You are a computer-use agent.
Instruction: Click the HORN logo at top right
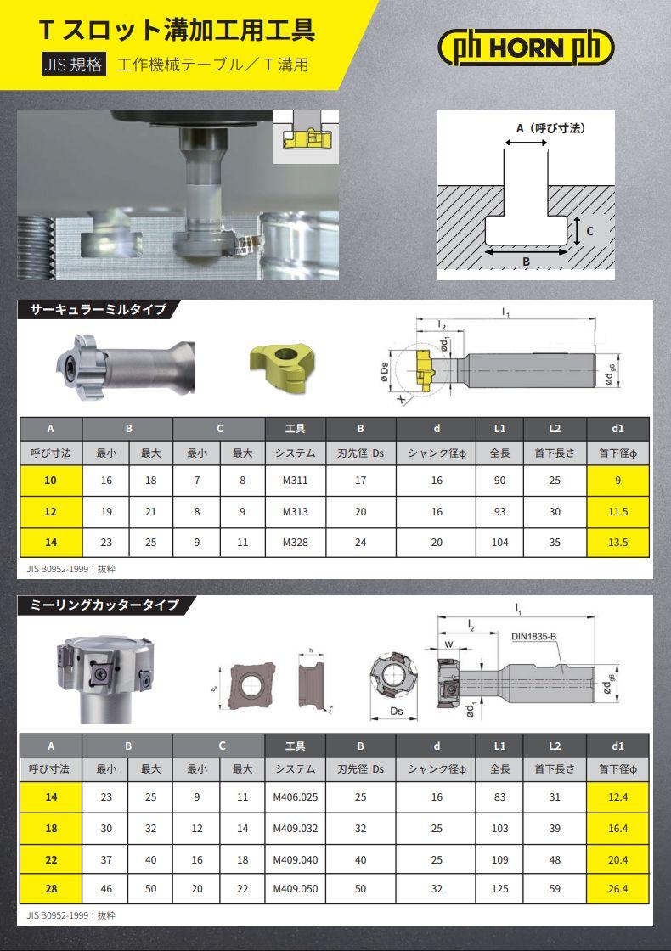point(526,48)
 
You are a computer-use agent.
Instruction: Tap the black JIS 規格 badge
point(73,65)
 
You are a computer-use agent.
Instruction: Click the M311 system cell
point(296,481)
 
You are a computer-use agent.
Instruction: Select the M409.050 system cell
point(296,888)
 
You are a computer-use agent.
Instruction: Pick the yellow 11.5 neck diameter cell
point(617,512)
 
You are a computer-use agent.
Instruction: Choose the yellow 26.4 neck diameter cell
point(617,888)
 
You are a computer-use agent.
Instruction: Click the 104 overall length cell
point(500,543)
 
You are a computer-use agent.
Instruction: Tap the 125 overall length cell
point(500,888)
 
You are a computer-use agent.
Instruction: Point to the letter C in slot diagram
point(589,231)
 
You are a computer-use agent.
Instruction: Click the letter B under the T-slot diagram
point(526,262)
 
